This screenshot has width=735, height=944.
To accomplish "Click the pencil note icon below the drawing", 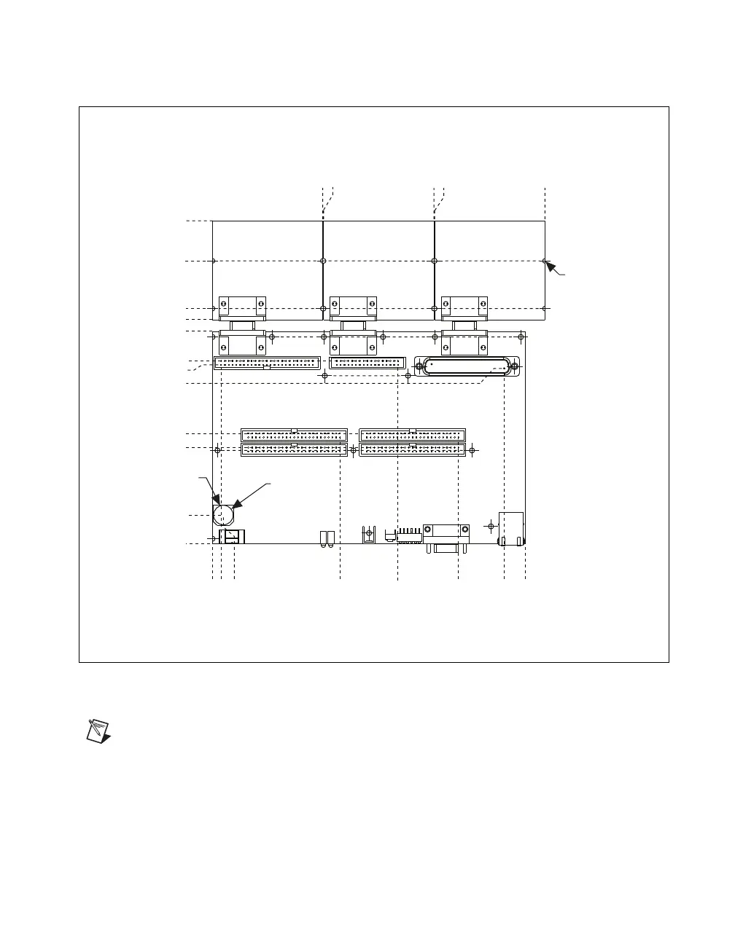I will [x=98, y=731].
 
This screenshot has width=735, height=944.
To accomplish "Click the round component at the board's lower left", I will [x=224, y=515].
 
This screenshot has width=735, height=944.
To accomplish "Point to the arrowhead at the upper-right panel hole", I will [x=551, y=267].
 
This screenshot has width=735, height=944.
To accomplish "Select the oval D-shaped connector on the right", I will [x=467, y=366].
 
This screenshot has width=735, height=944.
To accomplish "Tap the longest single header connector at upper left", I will [x=267, y=362].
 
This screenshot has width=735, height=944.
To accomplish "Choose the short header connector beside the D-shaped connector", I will [x=367, y=362].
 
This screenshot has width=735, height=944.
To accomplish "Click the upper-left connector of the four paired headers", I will [x=294, y=435].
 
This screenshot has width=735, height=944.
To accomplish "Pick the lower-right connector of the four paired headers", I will [x=412, y=450].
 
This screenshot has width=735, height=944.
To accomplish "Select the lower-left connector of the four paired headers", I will [x=294, y=450].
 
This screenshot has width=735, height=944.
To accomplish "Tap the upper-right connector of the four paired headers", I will [x=412, y=435].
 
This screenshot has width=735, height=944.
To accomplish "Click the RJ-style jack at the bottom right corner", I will [x=510, y=529].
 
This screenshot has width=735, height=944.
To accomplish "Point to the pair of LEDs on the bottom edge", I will [x=326, y=538].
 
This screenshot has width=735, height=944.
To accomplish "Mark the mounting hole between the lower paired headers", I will [x=353, y=450].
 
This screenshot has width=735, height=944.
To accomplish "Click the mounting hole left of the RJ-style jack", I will [x=490, y=524].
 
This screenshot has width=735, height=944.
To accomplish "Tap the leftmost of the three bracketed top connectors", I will [x=243, y=325].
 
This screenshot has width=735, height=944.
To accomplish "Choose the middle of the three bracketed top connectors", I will [x=354, y=325].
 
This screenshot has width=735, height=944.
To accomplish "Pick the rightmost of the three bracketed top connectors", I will [x=464, y=325].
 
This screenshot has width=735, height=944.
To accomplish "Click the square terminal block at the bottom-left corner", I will [x=232, y=537].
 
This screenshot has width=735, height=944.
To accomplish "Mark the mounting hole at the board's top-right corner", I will [x=521, y=336].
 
